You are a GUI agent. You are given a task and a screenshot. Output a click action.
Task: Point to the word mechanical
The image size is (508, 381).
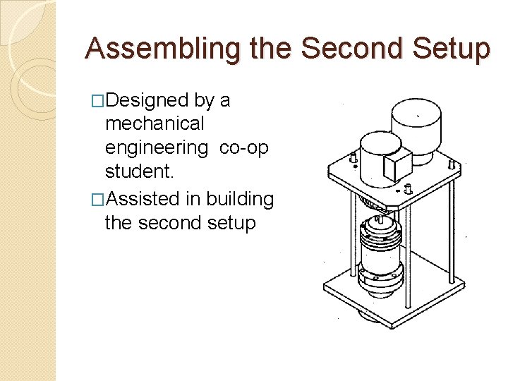coord(155,124)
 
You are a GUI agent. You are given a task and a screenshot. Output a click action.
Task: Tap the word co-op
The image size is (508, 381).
coord(243,148)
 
